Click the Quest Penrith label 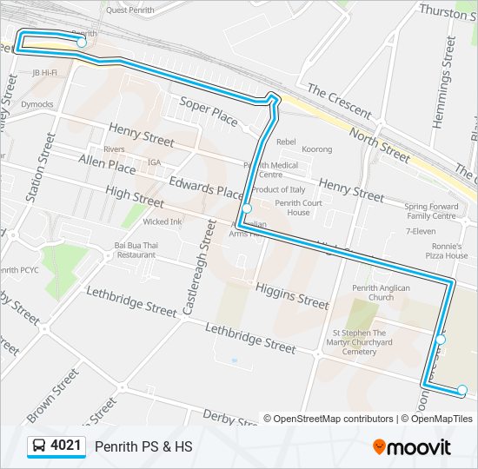129,10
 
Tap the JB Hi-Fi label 44,73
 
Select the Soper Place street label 209,112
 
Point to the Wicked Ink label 163,221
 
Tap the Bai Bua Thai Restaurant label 136,250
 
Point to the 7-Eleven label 421,232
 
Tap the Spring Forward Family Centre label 430,211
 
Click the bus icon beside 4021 39,446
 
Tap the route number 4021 67,446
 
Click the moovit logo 412,447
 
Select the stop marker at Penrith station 81,42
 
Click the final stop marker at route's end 462,390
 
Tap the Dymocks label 37,104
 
